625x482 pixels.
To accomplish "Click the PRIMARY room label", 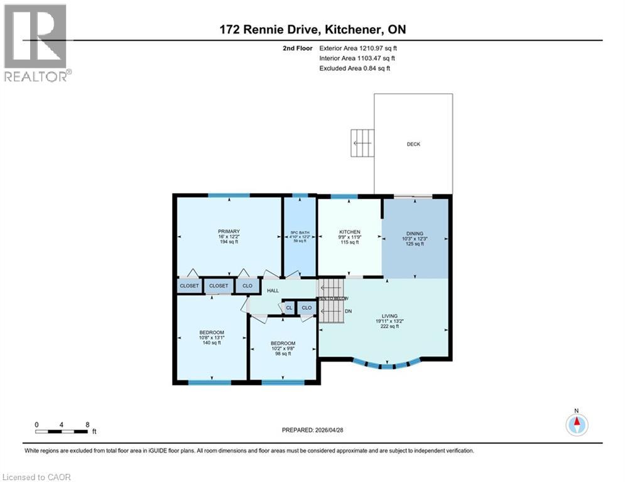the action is (x=229, y=232).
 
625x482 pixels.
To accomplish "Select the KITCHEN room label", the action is (x=350, y=232).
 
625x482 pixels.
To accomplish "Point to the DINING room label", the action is (x=413, y=233).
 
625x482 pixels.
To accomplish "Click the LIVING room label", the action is (x=389, y=316).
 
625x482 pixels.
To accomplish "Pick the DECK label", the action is (x=413, y=144).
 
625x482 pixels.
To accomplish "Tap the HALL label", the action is (x=273, y=291).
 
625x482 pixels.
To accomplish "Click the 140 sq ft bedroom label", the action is (x=212, y=333).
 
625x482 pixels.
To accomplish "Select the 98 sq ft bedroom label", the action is (x=282, y=343).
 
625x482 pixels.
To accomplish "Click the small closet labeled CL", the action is (x=289, y=308).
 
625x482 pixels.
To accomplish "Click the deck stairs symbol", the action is (x=362, y=143).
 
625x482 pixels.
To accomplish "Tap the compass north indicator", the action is (x=576, y=424).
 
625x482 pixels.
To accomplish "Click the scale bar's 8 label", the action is (x=87, y=424).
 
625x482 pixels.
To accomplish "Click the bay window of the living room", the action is (x=384, y=363).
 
